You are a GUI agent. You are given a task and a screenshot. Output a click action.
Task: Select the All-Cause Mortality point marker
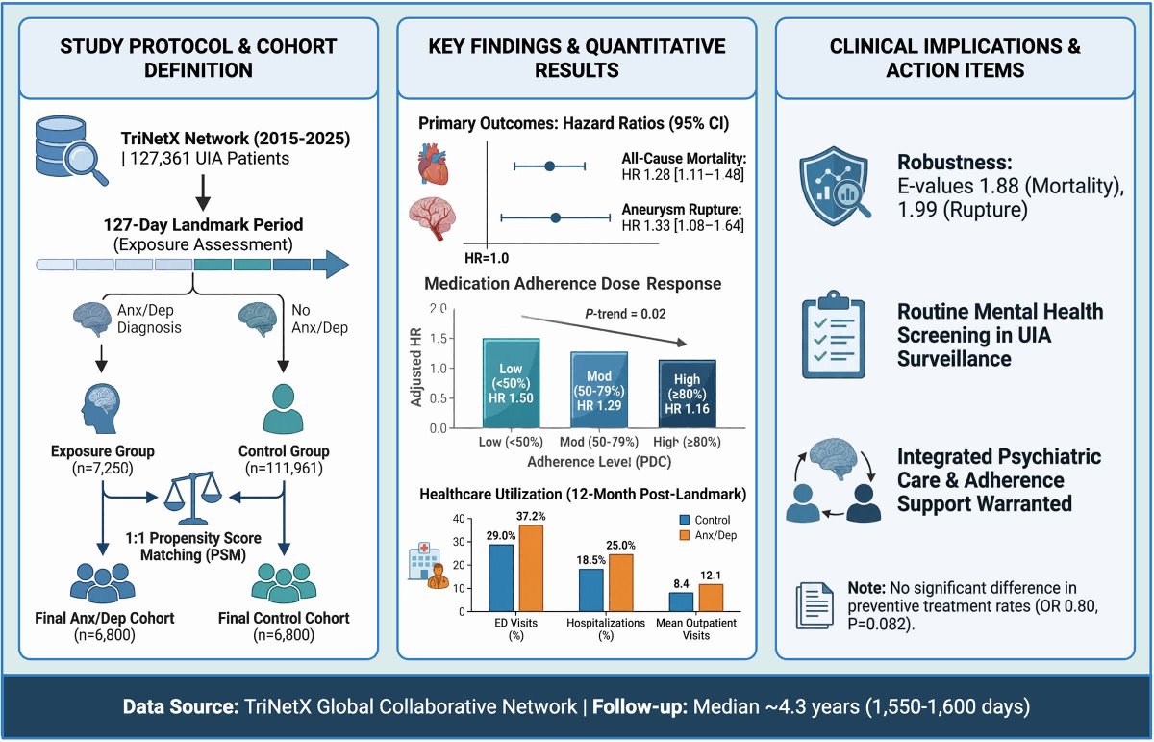(x=549, y=166)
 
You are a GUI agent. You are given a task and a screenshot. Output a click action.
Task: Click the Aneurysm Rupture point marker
(x=555, y=217)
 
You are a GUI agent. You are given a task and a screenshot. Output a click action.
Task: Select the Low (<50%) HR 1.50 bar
(x=510, y=382)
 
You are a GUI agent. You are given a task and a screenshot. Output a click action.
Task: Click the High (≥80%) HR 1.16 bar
(x=687, y=393)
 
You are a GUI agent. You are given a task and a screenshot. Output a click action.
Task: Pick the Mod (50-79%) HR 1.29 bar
(x=598, y=389)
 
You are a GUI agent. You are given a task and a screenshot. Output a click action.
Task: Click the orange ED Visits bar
(x=531, y=568)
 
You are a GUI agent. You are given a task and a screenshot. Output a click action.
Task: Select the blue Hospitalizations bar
(x=590, y=589)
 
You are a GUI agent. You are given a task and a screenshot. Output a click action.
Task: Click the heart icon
(x=433, y=163)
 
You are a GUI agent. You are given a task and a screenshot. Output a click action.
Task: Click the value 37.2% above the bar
(x=531, y=516)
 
